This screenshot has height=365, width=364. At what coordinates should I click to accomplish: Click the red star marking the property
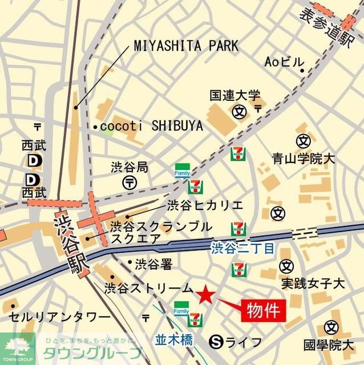(206, 295)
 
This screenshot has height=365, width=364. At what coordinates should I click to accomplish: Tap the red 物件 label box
(263, 310)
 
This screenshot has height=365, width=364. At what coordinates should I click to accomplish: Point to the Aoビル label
(285, 62)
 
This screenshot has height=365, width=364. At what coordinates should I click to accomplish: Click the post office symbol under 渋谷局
(129, 182)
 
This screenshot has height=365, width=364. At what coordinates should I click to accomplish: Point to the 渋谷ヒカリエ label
(205, 205)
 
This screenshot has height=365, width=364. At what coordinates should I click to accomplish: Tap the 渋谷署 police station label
(153, 265)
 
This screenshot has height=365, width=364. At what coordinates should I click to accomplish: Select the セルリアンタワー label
(59, 317)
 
